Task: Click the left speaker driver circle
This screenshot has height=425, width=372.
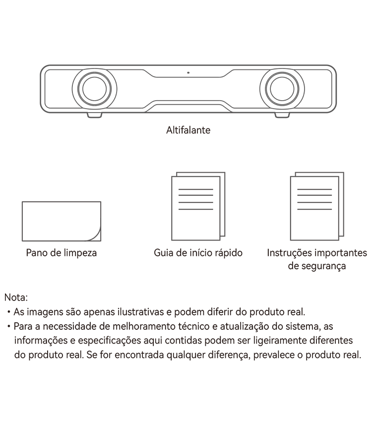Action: point(94,89)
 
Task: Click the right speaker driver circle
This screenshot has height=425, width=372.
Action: point(282,89)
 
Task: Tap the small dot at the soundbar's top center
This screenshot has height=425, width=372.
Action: point(188,72)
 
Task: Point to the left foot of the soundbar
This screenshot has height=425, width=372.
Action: point(94,115)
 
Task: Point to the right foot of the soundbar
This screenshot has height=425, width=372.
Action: point(282,115)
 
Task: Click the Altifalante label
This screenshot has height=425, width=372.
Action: point(188,130)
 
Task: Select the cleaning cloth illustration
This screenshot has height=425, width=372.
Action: point(62,221)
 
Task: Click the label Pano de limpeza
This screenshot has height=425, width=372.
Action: point(62,253)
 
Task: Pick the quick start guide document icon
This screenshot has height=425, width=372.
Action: point(198,206)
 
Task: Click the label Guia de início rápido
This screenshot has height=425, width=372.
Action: point(198,253)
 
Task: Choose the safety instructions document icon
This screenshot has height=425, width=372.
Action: point(317,206)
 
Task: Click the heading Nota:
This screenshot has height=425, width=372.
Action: point(16,298)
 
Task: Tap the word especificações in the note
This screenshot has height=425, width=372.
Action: point(110,340)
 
